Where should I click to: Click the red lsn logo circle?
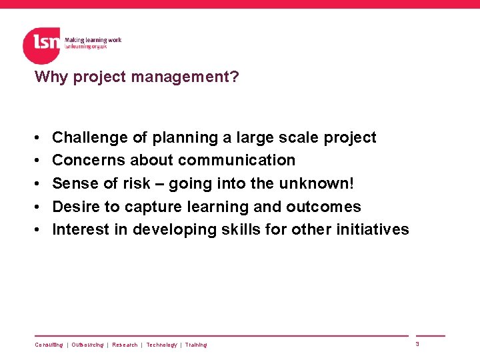(x=41, y=45)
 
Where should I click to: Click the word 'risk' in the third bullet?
(x=137, y=183)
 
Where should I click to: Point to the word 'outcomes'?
(x=328, y=207)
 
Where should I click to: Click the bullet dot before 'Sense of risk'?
(x=37, y=184)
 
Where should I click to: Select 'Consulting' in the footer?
(x=49, y=345)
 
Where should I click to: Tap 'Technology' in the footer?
(x=161, y=345)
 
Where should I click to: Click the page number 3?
(x=417, y=344)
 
